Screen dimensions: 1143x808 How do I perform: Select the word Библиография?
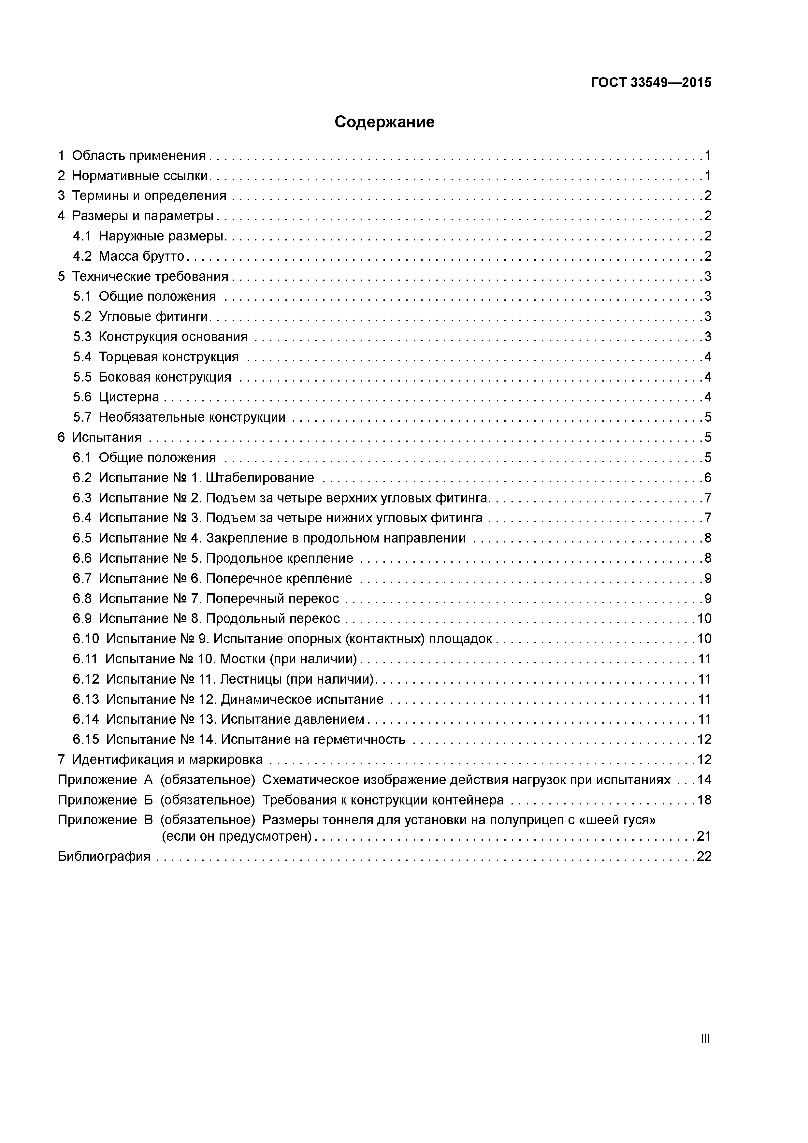click(x=104, y=856)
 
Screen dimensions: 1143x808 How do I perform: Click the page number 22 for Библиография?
click(x=704, y=856)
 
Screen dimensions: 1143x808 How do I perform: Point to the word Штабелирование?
click(x=260, y=478)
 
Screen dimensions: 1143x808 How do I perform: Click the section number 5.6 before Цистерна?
click(x=82, y=397)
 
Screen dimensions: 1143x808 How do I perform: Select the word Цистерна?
click(x=129, y=397)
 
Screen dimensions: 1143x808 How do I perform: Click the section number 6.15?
click(x=86, y=739)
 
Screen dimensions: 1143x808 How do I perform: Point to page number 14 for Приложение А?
click(x=704, y=780)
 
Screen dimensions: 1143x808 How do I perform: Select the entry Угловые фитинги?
click(x=153, y=317)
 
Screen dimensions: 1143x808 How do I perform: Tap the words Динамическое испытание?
click(x=302, y=700)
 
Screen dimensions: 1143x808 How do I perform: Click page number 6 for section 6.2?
click(x=707, y=478)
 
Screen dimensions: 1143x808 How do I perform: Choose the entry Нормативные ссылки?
click(x=140, y=176)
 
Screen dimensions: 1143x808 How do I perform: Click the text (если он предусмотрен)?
click(x=237, y=836)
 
